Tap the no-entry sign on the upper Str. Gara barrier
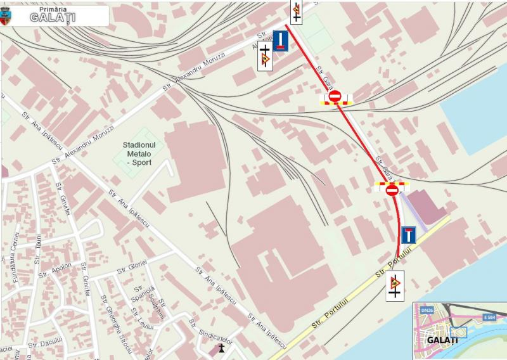[335, 96]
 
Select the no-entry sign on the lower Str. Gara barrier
[392, 188]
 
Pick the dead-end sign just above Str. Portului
[408, 235]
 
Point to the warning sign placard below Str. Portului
[395, 286]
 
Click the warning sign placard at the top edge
[296, 11]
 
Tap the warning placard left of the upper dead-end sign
[264, 60]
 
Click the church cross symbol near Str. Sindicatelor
[221, 347]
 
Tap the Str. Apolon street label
[55, 271]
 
